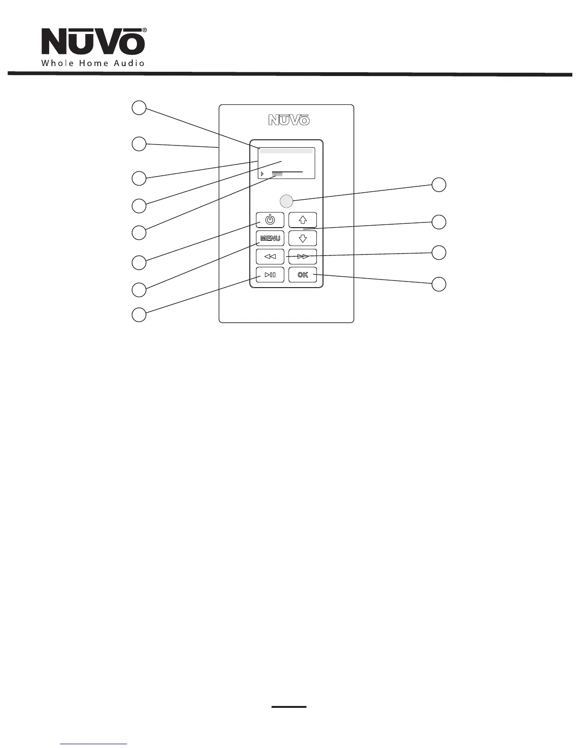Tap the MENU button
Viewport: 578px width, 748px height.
point(270,238)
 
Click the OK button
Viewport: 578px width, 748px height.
point(303,275)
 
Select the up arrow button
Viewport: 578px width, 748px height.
point(303,220)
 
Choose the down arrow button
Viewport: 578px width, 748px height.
point(303,238)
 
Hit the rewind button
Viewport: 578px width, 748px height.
point(270,257)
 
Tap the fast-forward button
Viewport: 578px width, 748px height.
point(303,257)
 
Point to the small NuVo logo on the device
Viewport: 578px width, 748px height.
point(289,120)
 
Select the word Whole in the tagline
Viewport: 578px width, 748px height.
point(56,63)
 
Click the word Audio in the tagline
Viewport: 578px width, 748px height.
point(129,63)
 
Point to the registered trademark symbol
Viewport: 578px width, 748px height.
point(144,30)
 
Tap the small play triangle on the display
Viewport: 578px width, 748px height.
point(262,174)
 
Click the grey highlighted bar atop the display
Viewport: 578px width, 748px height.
point(286,151)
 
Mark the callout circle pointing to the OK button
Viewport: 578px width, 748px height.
point(439,284)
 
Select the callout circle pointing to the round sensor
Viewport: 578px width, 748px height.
point(439,185)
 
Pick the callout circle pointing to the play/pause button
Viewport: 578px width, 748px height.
point(138,314)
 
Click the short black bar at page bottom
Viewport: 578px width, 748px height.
point(289,707)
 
